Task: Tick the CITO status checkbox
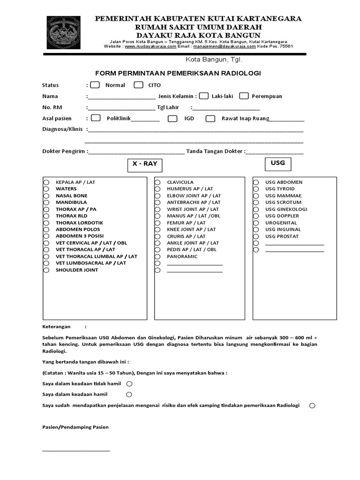138,85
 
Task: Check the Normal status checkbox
95,85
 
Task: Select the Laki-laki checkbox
203,96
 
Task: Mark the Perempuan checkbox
244,96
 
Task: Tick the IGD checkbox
172,118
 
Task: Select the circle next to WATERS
46,189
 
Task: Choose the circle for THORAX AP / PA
46,209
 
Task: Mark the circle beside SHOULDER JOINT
46,270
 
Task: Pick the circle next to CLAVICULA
158,182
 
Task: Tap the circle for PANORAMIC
158,256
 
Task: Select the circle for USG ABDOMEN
256,182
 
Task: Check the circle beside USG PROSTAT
256,236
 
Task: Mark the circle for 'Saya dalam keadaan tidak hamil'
129,383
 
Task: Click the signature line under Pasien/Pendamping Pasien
76,450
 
